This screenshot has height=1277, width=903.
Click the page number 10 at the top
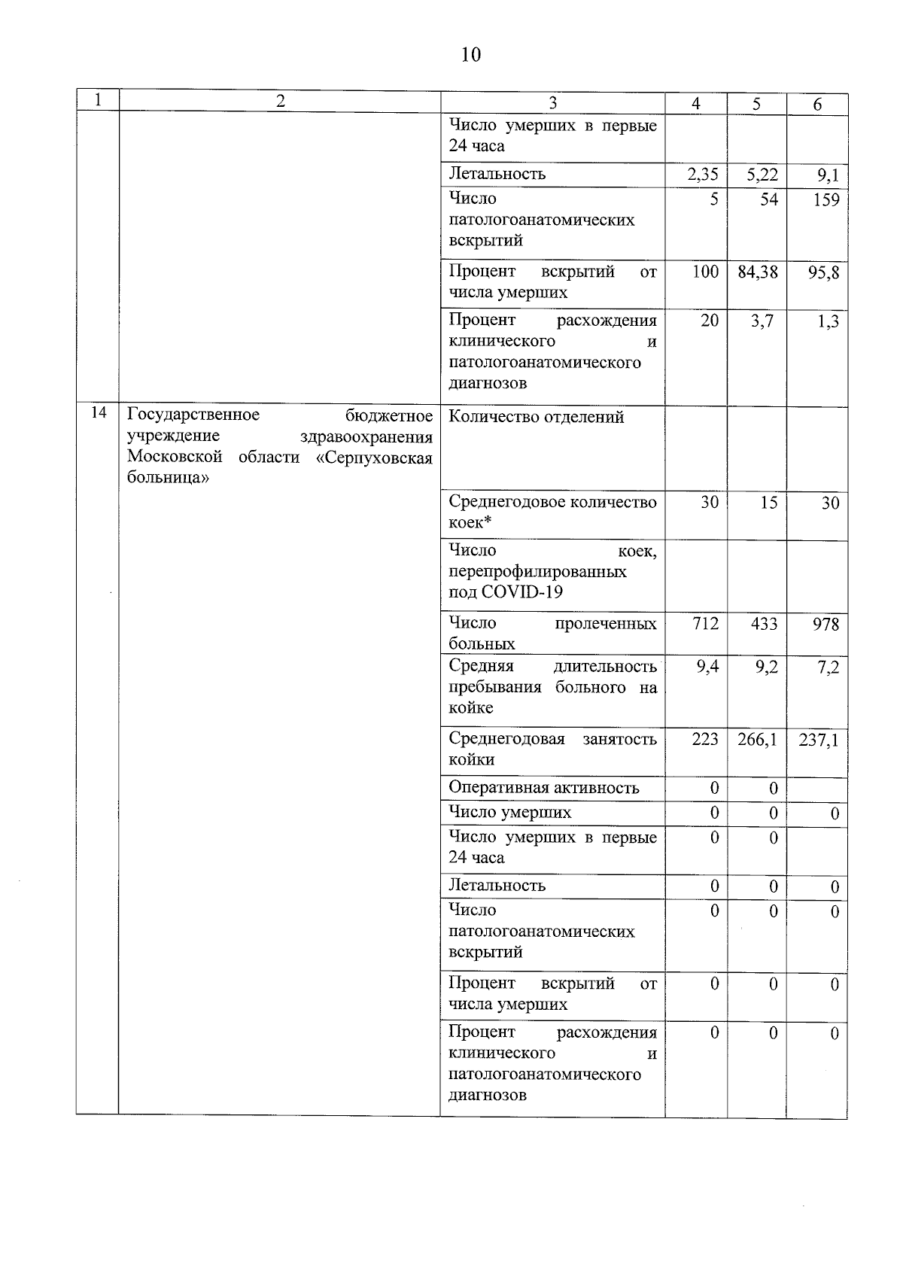coord(470,55)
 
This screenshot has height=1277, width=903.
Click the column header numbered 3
coord(553,103)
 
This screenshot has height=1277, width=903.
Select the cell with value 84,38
coord(758,272)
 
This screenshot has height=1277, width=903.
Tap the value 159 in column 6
coord(825,200)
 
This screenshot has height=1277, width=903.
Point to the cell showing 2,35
coord(703,175)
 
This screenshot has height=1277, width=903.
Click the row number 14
coord(98,413)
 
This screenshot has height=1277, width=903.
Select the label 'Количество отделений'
coord(537,417)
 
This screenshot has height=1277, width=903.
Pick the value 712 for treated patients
coord(705,624)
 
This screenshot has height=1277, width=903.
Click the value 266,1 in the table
coord(758,740)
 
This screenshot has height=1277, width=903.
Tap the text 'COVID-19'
coord(521,592)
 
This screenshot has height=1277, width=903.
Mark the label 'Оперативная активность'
coord(544,788)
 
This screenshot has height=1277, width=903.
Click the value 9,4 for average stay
coord(707,667)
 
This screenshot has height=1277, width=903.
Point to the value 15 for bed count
coord(768,503)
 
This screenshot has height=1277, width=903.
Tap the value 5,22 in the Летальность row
coord(762,175)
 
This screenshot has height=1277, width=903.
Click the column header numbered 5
coord(756,104)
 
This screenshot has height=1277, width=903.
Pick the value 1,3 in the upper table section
coord(829,322)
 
